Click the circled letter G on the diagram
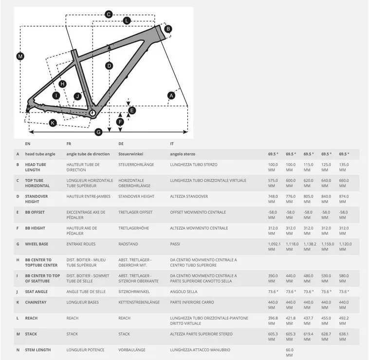pyautogui.click(x=98, y=132)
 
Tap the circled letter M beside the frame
pyautogui.click(x=20, y=57)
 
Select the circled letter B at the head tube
pyautogui.click(x=168, y=29)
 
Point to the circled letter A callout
pyautogui.click(x=171, y=96)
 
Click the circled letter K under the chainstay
pyautogui.click(x=53, y=123)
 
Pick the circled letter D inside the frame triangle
pyautogui.click(x=109, y=66)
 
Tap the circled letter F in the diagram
pyautogui.click(x=120, y=121)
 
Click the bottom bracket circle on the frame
pyautogui.click(x=92, y=113)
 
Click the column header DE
pyautogui.click(x=121, y=144)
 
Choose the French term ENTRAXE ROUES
pyautogui.click(x=81, y=244)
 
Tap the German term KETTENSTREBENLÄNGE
pyautogui.click(x=139, y=302)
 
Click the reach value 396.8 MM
pyautogui.click(x=274, y=321)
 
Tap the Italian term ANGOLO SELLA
pyautogui.click(x=184, y=291)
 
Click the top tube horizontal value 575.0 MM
pyautogui.click(x=274, y=183)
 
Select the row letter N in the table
pyautogui.click(x=18, y=350)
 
